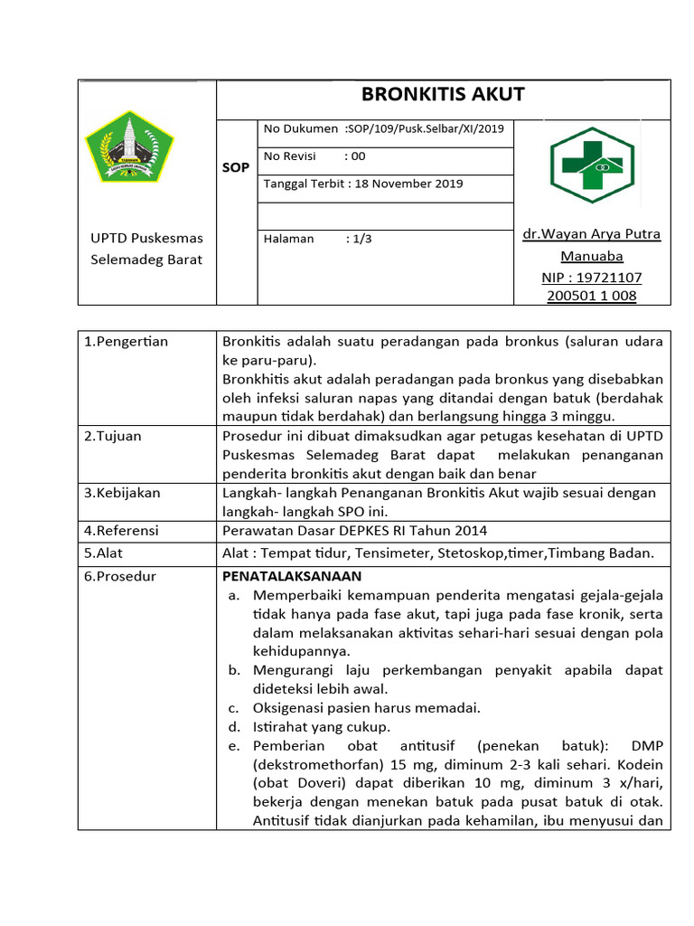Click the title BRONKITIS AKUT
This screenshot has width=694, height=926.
(443, 95)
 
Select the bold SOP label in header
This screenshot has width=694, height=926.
(236, 167)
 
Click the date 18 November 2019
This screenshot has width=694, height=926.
(408, 184)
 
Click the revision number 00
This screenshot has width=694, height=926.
(358, 156)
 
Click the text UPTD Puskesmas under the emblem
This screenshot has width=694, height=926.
(146, 239)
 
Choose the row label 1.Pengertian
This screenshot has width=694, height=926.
(126, 342)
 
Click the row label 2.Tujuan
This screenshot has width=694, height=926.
(113, 436)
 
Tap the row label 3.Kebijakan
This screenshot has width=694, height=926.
(122, 493)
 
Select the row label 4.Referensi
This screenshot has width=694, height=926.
(121, 531)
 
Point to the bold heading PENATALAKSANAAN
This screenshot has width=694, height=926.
(292, 576)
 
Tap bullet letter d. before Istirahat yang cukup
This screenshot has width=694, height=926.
(233, 726)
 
